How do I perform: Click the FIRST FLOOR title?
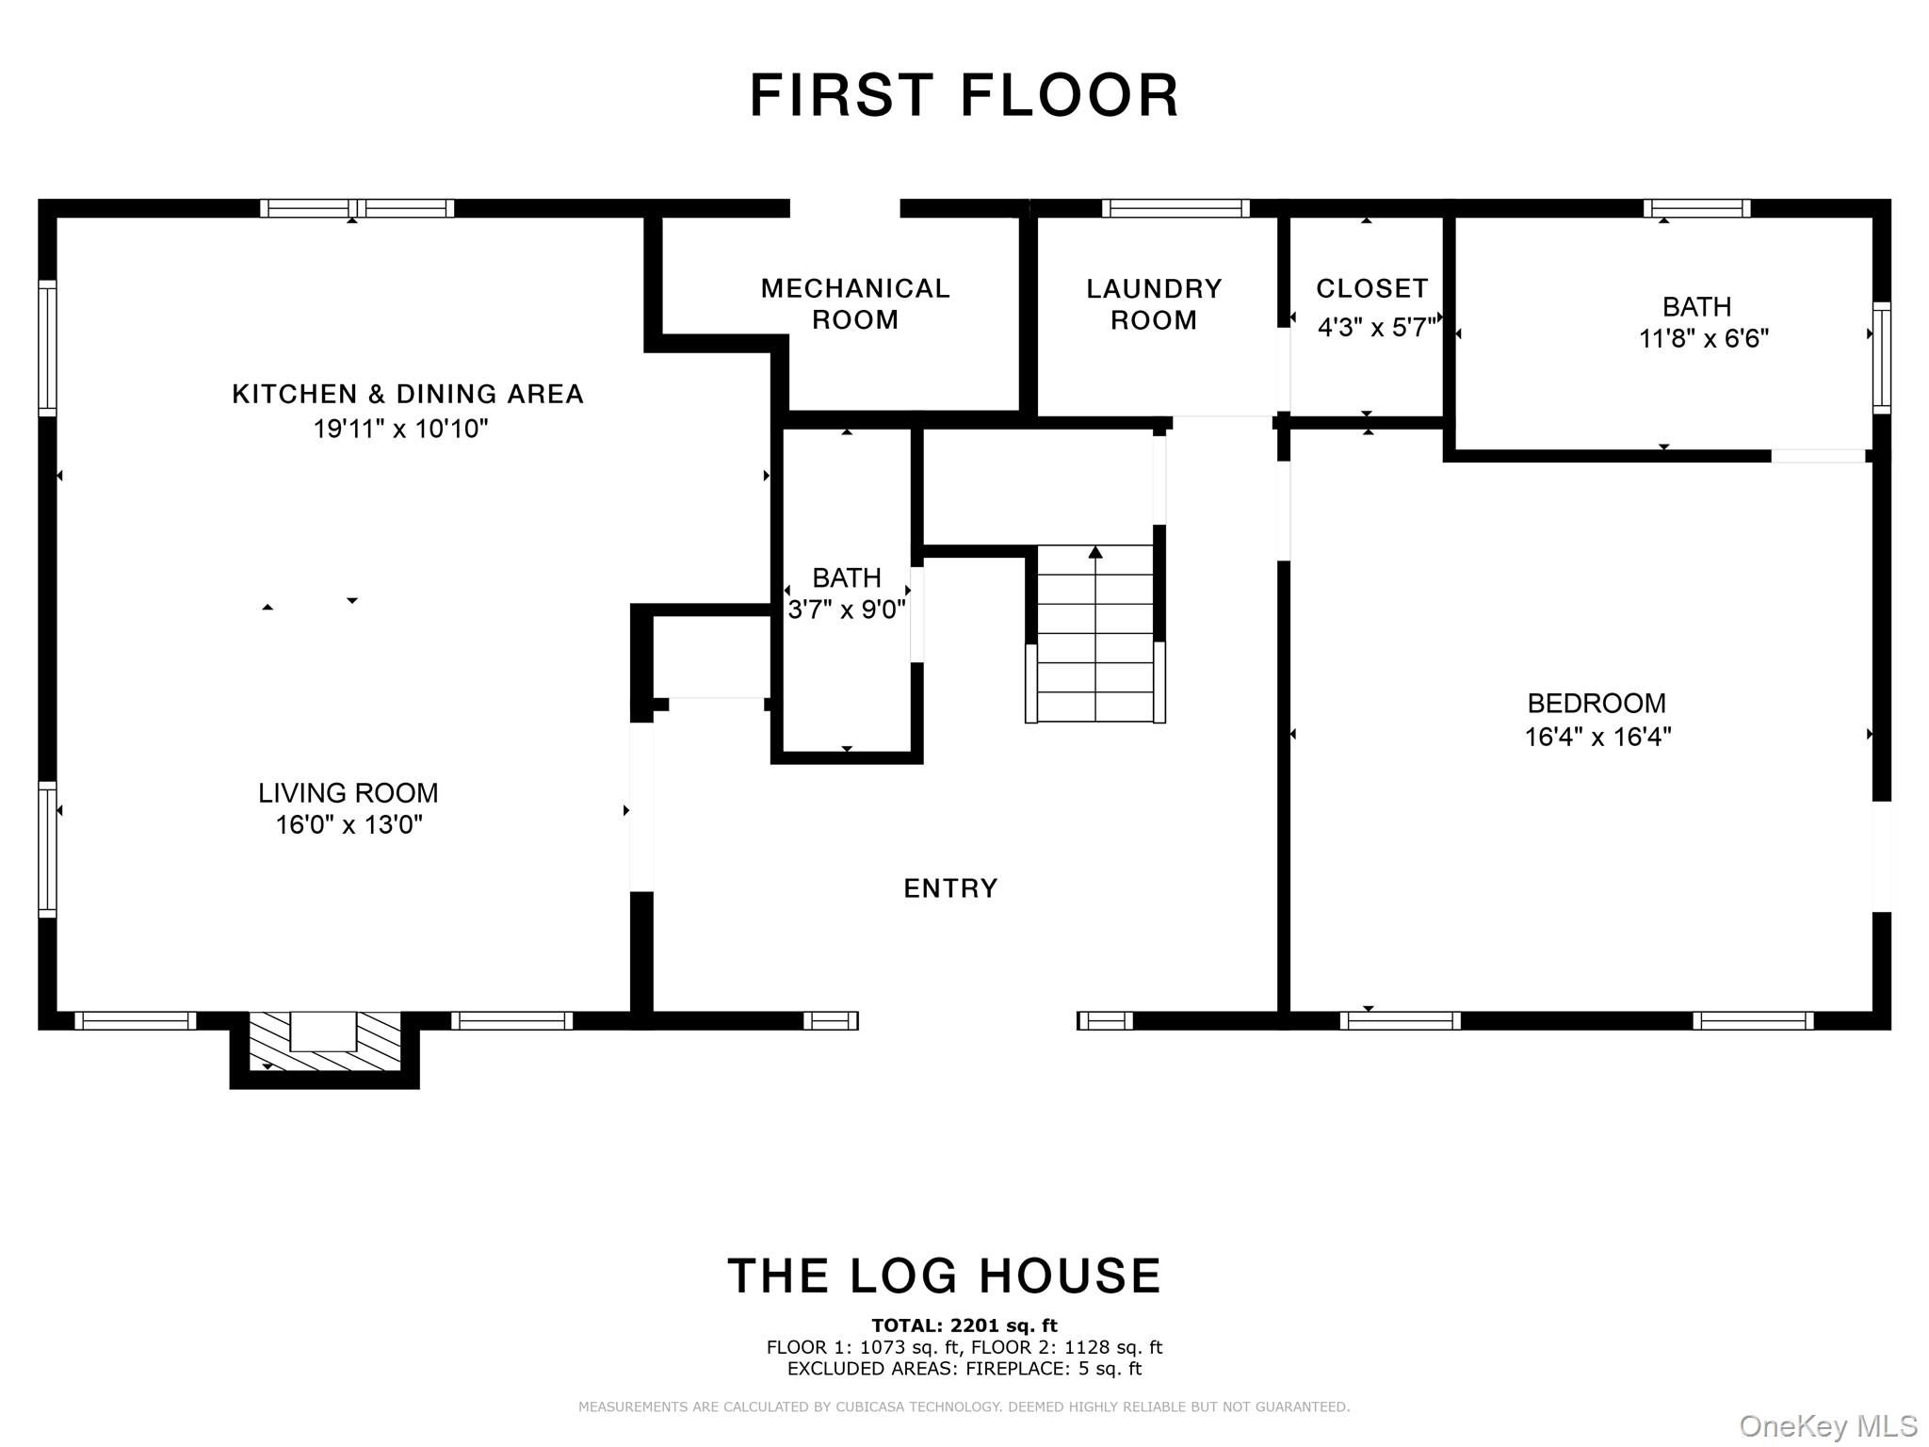[964, 95]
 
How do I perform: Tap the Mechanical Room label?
[855, 303]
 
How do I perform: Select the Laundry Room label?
[1154, 303]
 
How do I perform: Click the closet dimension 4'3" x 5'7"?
[1376, 328]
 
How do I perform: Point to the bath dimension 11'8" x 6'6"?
[1704, 338]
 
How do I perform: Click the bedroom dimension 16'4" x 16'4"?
[1597, 737]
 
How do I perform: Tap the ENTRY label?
[950, 888]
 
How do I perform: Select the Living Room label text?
[349, 793]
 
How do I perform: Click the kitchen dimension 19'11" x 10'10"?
[401, 430]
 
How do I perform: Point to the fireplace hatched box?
[324, 1042]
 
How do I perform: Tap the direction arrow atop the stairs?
[1094, 552]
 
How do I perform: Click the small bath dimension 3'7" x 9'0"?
[847, 610]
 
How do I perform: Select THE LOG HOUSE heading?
[945, 1276]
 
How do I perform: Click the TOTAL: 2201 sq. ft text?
[964, 1326]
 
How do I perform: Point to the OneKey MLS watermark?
[1828, 1425]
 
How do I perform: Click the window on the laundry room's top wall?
[1175, 208]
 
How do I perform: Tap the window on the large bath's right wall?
[1881, 358]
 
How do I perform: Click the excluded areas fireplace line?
[964, 1369]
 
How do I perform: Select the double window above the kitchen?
[357, 208]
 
